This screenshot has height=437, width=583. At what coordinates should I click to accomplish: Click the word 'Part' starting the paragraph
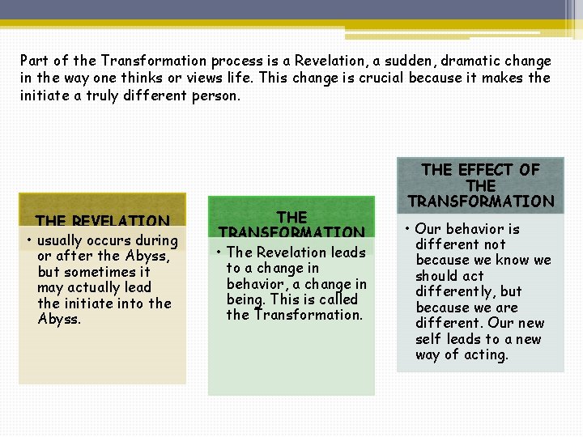(x=35, y=61)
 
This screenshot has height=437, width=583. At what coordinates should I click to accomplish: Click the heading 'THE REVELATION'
(x=102, y=221)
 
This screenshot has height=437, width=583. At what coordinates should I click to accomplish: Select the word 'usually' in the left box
(x=62, y=240)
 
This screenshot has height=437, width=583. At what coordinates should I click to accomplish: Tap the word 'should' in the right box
(x=438, y=276)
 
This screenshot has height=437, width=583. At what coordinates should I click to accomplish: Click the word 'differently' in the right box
(x=456, y=291)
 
